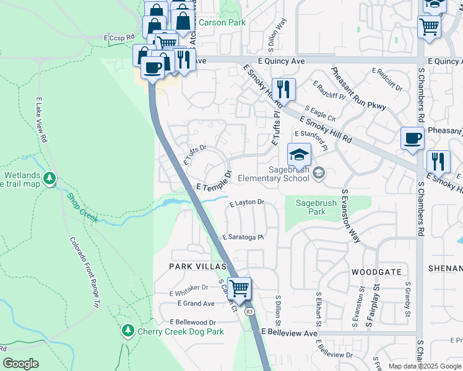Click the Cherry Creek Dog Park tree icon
click(x=128, y=331)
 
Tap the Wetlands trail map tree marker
click(x=50, y=179)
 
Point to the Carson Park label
click(x=222, y=22)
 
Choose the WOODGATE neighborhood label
click(x=376, y=271)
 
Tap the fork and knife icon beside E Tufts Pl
click(x=283, y=89)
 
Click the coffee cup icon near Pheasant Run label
click(x=412, y=139)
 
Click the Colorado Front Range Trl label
click(x=84, y=273)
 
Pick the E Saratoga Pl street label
click(x=243, y=237)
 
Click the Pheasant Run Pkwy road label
click(x=359, y=89)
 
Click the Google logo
click(x=20, y=364)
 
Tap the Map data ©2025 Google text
click(x=424, y=366)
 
